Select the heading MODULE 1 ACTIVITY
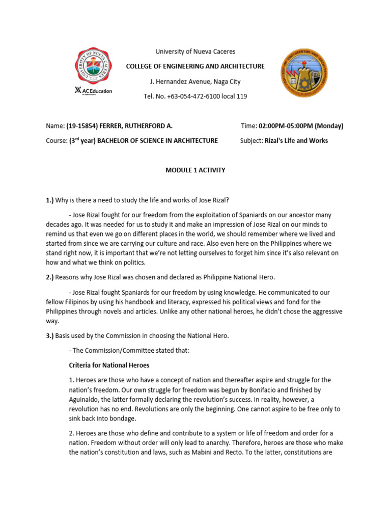pos(195,170)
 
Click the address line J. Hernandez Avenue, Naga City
pos(195,82)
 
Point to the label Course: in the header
pos(57,141)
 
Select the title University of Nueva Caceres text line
pos(195,51)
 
